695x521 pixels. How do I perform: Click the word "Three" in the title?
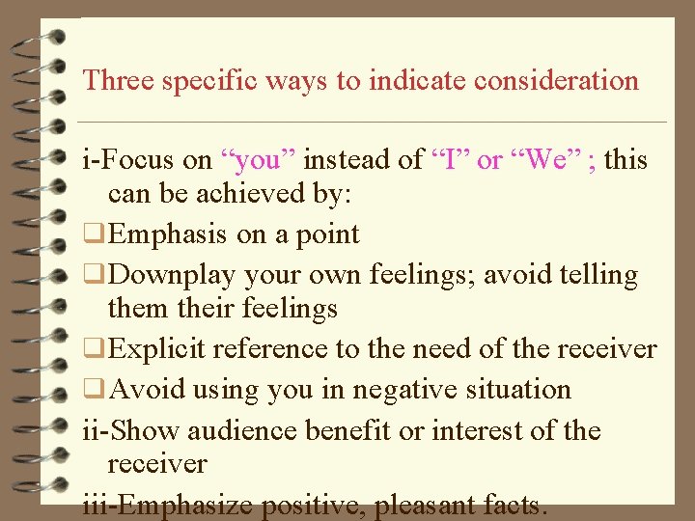pos(119,80)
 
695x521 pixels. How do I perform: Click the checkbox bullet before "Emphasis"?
pos(93,234)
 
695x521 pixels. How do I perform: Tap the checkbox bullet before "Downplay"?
pos(93,276)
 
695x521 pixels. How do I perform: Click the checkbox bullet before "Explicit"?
pos(93,349)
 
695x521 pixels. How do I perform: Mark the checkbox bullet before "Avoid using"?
pos(93,390)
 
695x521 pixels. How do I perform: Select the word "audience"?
pos(239,430)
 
